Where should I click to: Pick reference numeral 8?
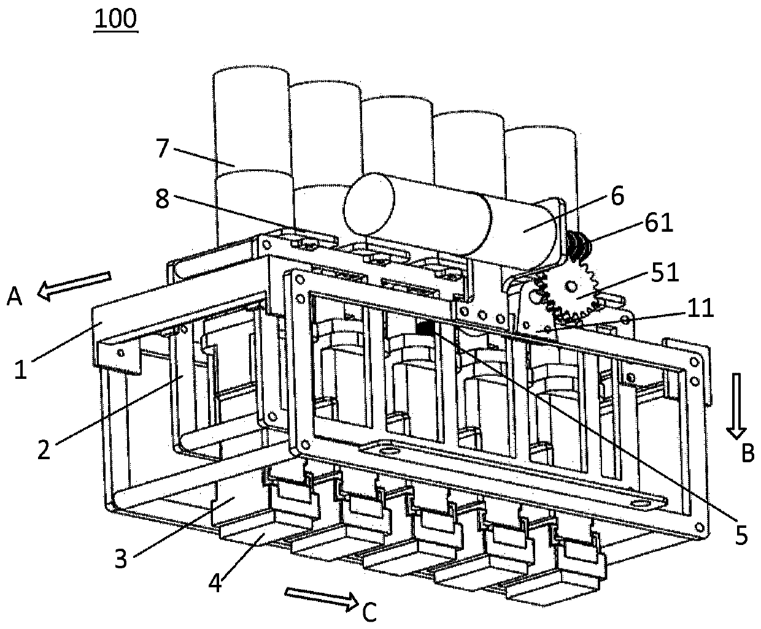[x=162, y=200]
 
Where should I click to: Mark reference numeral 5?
[x=741, y=536]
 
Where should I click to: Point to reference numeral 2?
[x=43, y=451]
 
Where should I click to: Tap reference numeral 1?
[x=21, y=371]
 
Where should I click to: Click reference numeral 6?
[x=617, y=197]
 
